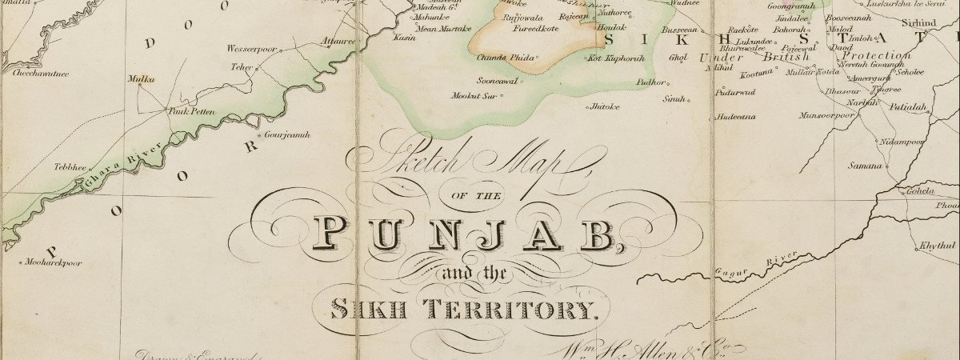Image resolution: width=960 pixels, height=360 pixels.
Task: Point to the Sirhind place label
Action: pyautogui.click(x=928, y=24)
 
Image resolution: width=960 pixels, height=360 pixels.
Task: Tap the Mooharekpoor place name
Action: pyautogui.click(x=54, y=262)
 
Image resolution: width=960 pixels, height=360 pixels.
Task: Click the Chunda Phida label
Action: pyautogui.click(x=505, y=58)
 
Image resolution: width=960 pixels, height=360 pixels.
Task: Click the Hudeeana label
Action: pyautogui.click(x=737, y=116)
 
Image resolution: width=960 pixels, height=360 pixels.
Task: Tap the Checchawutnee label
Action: pyautogui.click(x=40, y=73)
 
